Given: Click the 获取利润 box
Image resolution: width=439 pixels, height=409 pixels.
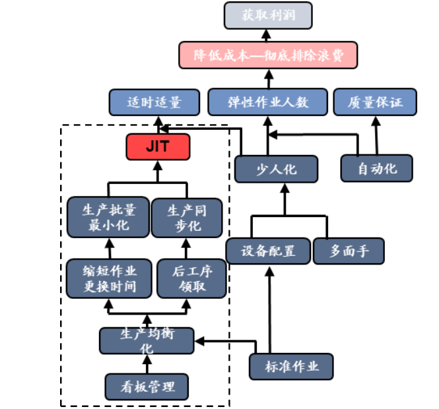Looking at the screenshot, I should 268,15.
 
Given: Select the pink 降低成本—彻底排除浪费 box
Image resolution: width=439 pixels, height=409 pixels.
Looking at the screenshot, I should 268,55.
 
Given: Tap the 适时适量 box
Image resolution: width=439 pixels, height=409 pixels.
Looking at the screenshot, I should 154,102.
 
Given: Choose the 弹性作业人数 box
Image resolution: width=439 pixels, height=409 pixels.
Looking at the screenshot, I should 268,102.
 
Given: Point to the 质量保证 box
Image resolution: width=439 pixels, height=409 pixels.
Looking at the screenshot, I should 374,102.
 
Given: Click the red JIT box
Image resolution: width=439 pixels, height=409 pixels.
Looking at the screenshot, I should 158,146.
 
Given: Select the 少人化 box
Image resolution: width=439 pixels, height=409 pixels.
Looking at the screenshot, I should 276,169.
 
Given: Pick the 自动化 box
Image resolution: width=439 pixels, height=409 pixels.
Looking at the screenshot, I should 377,168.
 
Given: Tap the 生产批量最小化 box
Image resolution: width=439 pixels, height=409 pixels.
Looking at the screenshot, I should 108,218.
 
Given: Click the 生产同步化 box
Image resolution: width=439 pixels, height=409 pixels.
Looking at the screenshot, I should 186,218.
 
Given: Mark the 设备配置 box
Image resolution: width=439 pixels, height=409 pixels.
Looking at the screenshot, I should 268,251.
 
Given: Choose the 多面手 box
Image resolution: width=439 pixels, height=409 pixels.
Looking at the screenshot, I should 348,251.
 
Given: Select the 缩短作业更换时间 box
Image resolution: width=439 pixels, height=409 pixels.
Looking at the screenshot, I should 108,278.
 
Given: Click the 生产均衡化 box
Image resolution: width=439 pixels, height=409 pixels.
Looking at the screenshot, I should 147,340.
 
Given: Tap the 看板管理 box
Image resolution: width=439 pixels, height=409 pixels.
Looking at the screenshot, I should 147,386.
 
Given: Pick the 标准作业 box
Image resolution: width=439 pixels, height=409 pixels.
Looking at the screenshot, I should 291,367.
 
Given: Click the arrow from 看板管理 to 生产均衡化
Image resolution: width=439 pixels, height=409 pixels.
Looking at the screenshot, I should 147,364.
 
